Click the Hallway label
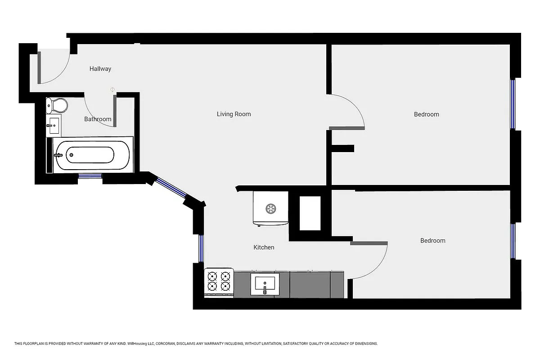pyautogui.click(x=100, y=69)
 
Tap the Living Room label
pyautogui.click(x=234, y=114)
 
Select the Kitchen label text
pyautogui.click(x=264, y=247)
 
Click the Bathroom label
pyautogui.click(x=98, y=119)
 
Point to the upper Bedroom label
pyautogui.click(x=426, y=114)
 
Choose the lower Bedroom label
pyautogui.click(x=432, y=241)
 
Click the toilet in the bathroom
pyautogui.click(x=57, y=106)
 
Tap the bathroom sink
pyautogui.click(x=54, y=125)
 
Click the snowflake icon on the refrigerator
pyautogui.click(x=270, y=208)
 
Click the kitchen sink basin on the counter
pyautogui.click(x=265, y=283)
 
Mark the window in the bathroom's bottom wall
pyautogui.click(x=90, y=176)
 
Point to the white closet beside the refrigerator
pyautogui.click(x=310, y=213)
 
